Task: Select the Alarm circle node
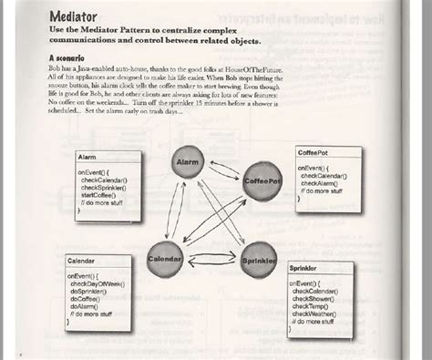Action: coord(189,162)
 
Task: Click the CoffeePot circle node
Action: coord(263,181)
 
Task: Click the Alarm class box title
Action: coord(87,158)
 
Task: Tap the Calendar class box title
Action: coord(80,262)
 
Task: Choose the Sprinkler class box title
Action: coord(306,270)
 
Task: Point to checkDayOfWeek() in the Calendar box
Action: coord(102,284)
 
